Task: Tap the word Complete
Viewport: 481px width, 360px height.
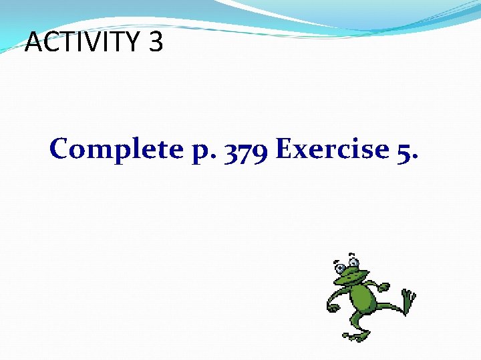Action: coord(115,149)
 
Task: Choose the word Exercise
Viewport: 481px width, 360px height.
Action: coord(331,149)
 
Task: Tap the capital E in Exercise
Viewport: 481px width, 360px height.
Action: coord(285,149)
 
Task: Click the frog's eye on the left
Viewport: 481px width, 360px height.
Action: coord(341,268)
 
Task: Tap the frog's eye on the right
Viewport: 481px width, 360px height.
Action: coord(353,261)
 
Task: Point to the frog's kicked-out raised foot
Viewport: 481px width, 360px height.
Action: coord(408,298)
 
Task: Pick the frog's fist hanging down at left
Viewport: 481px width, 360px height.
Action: coord(333,307)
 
